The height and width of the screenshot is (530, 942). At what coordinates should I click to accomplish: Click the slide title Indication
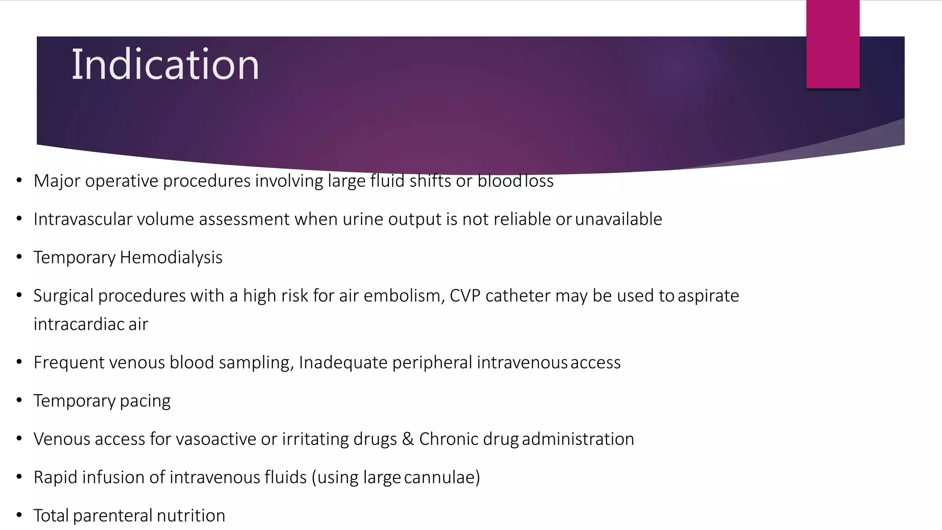[165, 65]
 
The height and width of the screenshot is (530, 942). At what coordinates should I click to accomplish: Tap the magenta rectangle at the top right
[833, 44]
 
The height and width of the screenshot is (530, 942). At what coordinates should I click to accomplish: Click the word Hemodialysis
[171, 258]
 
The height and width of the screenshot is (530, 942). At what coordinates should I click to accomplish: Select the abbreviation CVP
[465, 296]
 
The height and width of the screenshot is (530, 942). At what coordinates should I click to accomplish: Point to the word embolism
[403, 296]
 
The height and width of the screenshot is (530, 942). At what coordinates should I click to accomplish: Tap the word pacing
[145, 401]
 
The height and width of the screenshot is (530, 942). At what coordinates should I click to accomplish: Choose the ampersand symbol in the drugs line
[408, 439]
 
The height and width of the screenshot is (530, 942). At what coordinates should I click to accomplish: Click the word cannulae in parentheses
[442, 478]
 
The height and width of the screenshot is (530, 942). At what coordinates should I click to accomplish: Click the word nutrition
[191, 516]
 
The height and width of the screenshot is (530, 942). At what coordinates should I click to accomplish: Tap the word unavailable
[618, 219]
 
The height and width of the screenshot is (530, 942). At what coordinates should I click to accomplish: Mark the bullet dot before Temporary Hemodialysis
[19, 257]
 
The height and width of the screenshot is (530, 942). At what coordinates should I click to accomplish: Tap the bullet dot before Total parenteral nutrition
[19, 515]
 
